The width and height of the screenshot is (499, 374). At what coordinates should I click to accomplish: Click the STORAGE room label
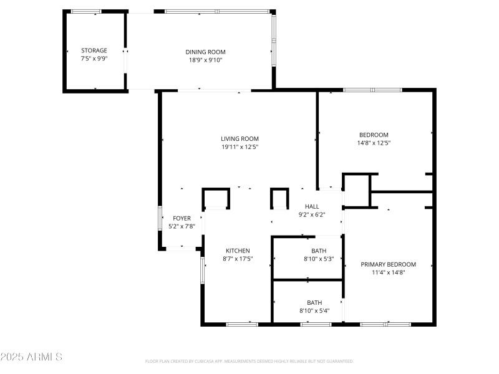pos(94,50)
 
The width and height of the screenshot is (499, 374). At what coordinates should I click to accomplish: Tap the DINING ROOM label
pos(205,52)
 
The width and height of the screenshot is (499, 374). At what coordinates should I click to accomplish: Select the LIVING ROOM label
pos(240,138)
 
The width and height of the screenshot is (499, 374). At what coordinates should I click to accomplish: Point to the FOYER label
pos(182,218)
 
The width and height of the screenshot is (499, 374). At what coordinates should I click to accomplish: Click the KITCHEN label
pos(238,250)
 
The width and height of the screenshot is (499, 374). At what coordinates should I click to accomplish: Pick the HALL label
pos(312,206)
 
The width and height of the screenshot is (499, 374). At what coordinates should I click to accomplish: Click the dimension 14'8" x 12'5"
pos(374,143)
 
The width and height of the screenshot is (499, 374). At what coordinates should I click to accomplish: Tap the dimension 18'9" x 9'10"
pos(205,60)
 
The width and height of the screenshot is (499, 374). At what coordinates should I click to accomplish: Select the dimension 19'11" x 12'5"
pos(240,147)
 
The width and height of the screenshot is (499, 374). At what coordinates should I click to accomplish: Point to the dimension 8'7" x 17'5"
pos(238,258)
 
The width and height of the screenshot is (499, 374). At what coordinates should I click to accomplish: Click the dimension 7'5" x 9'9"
pos(94,59)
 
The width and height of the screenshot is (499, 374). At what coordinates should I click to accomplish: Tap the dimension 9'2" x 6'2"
pos(312,214)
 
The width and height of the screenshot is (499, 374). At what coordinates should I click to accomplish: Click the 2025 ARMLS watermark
pos(31,357)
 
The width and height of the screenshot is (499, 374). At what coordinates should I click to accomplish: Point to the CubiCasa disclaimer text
pos(249,361)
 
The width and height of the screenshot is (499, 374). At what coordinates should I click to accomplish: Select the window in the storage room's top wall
pos(85,11)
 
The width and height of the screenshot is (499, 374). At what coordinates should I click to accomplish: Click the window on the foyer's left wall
pos(160,219)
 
